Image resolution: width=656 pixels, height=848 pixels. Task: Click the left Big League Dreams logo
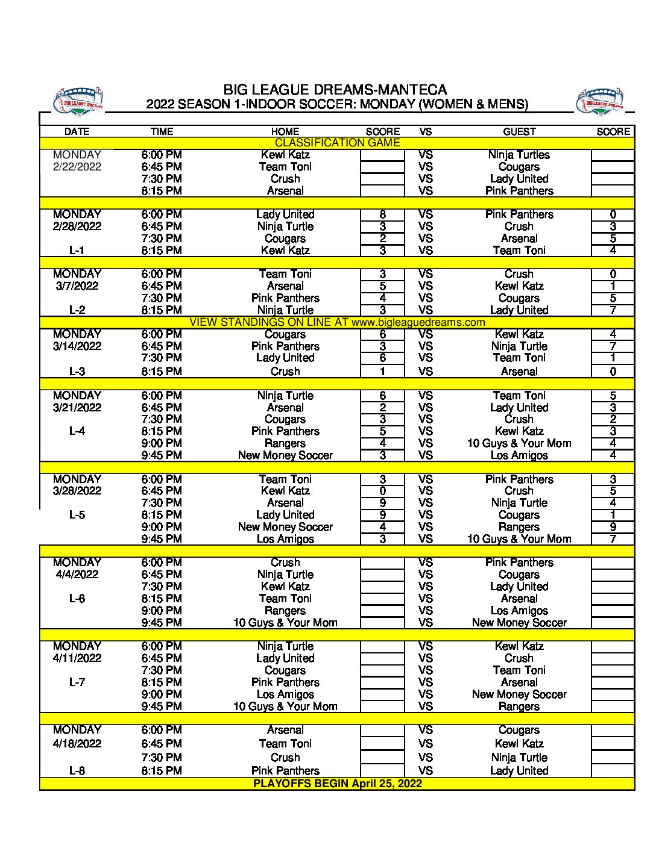pyautogui.click(x=78, y=102)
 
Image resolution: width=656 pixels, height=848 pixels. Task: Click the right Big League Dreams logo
pyautogui.click(x=600, y=102)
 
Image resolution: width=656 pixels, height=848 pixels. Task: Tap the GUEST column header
pyautogui.click(x=519, y=131)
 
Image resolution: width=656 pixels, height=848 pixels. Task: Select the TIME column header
pyautogui.click(x=162, y=131)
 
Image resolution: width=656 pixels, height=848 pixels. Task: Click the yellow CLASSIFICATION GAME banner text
pyautogui.click(x=337, y=143)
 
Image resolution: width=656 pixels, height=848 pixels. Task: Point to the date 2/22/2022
pyautogui.click(x=77, y=167)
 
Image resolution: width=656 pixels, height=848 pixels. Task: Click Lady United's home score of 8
pyautogui.click(x=382, y=214)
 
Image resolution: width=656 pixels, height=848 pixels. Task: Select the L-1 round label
pyautogui.click(x=77, y=251)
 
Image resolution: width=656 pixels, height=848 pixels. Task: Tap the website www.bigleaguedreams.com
pyautogui.click(x=418, y=322)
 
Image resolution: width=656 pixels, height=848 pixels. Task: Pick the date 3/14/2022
pyautogui.click(x=77, y=346)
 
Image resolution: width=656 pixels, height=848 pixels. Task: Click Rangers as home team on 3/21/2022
pyautogui.click(x=285, y=443)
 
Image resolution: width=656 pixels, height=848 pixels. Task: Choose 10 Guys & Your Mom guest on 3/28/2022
pyautogui.click(x=519, y=539)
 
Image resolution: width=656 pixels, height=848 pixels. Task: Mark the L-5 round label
pyautogui.click(x=77, y=515)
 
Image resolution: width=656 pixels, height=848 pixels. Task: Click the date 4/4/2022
pyautogui.click(x=77, y=575)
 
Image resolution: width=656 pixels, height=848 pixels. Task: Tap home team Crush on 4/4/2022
pyautogui.click(x=285, y=563)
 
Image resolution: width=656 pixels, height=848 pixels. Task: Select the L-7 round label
pyautogui.click(x=77, y=682)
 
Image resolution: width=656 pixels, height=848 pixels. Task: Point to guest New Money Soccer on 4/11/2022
pyautogui.click(x=519, y=694)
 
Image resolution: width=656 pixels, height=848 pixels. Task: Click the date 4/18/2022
pyautogui.click(x=77, y=744)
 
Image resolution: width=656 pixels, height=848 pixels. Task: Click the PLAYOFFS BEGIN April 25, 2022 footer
pyautogui.click(x=337, y=784)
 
